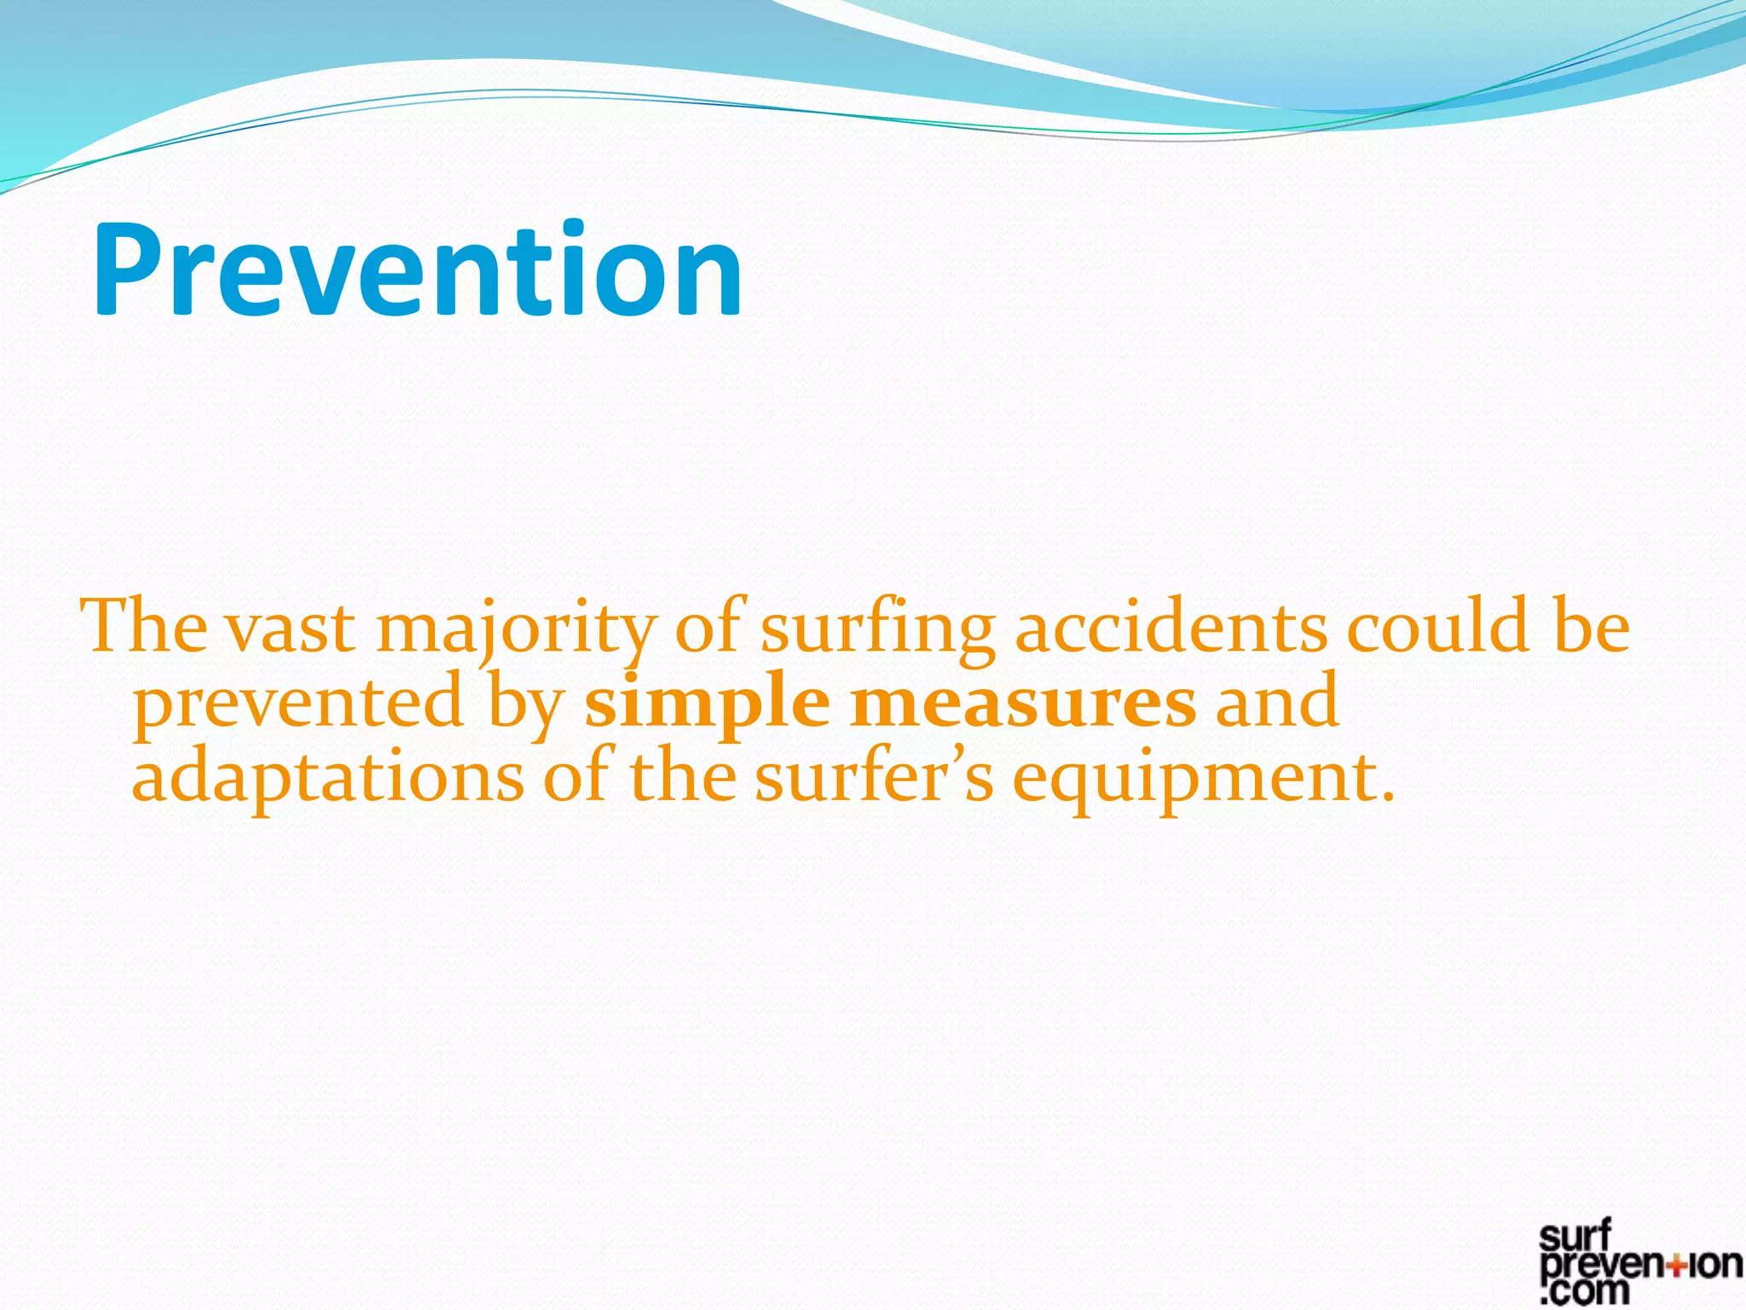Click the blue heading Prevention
(417, 270)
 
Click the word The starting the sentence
(143, 627)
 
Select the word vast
(291, 629)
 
